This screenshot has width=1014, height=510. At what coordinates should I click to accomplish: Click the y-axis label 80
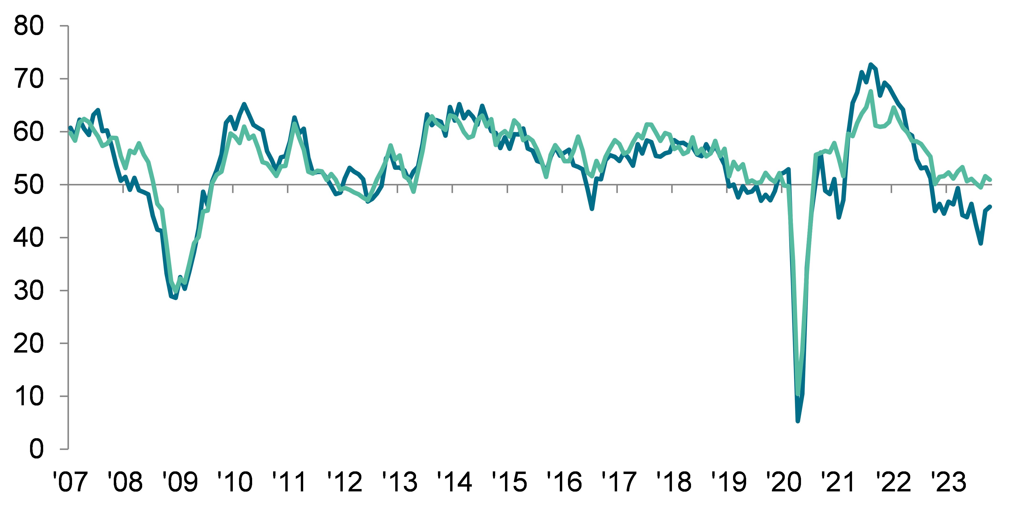point(28,26)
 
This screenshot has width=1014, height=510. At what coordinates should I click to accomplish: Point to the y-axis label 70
point(28,79)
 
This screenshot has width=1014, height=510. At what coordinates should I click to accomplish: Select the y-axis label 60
point(28,132)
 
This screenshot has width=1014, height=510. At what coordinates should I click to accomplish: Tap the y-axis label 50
point(28,185)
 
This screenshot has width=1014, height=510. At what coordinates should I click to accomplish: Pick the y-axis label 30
point(28,291)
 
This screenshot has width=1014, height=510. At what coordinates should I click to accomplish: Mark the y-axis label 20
point(28,343)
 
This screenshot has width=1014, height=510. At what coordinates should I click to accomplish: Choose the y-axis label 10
point(28,396)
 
